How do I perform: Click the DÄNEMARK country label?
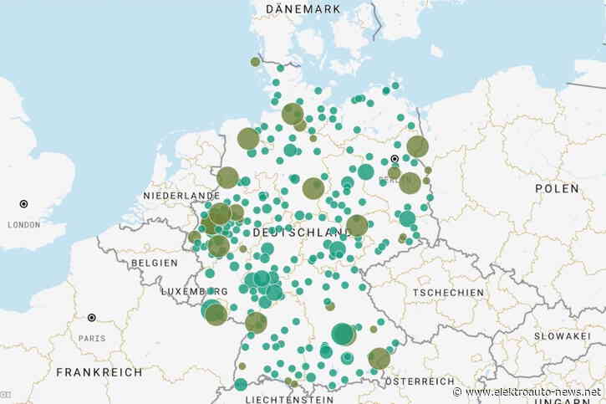point(303,8)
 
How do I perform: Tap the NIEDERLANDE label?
point(181,195)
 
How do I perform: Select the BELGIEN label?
point(153,262)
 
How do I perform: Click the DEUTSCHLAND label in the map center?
point(300,232)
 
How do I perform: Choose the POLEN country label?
point(557,189)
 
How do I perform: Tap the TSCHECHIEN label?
point(448,293)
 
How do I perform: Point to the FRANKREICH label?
point(99,372)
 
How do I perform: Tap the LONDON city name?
point(23,224)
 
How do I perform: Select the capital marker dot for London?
point(23,203)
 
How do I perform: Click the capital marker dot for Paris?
point(92,318)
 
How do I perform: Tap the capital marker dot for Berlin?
point(395,158)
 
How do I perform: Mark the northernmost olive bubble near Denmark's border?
point(255,61)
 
